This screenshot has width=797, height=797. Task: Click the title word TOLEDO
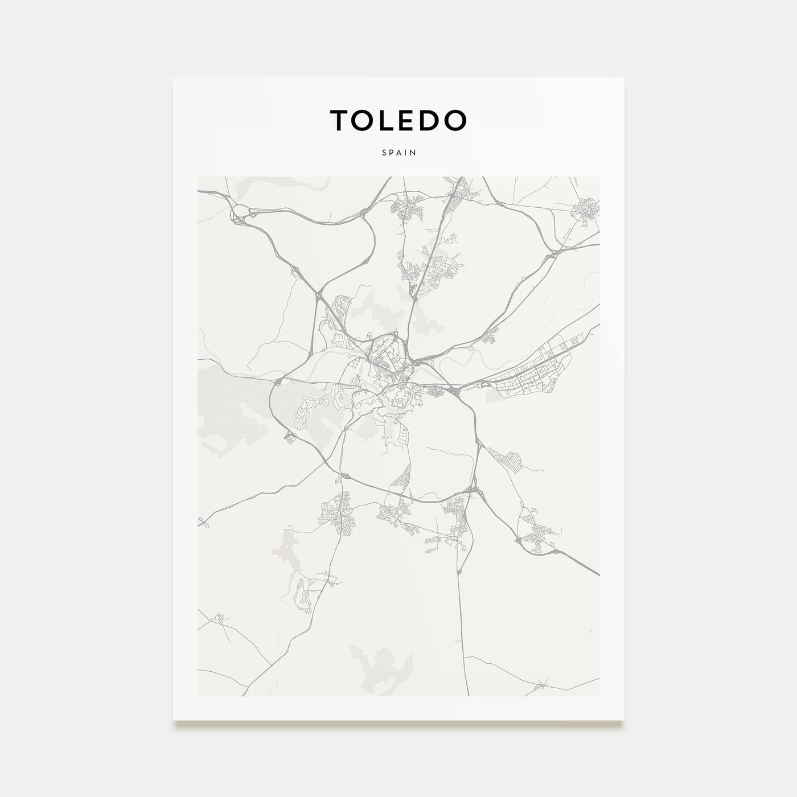coord(398,120)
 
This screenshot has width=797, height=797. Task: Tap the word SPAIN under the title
coord(398,153)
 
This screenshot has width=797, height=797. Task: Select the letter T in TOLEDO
coord(339,120)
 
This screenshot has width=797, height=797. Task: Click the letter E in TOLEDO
coord(410,120)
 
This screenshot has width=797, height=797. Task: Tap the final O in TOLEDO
coord(457,120)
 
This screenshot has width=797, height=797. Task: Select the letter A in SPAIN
coord(398,153)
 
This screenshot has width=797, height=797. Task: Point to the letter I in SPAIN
coord(406,153)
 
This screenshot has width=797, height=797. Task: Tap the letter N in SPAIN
coord(414,153)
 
